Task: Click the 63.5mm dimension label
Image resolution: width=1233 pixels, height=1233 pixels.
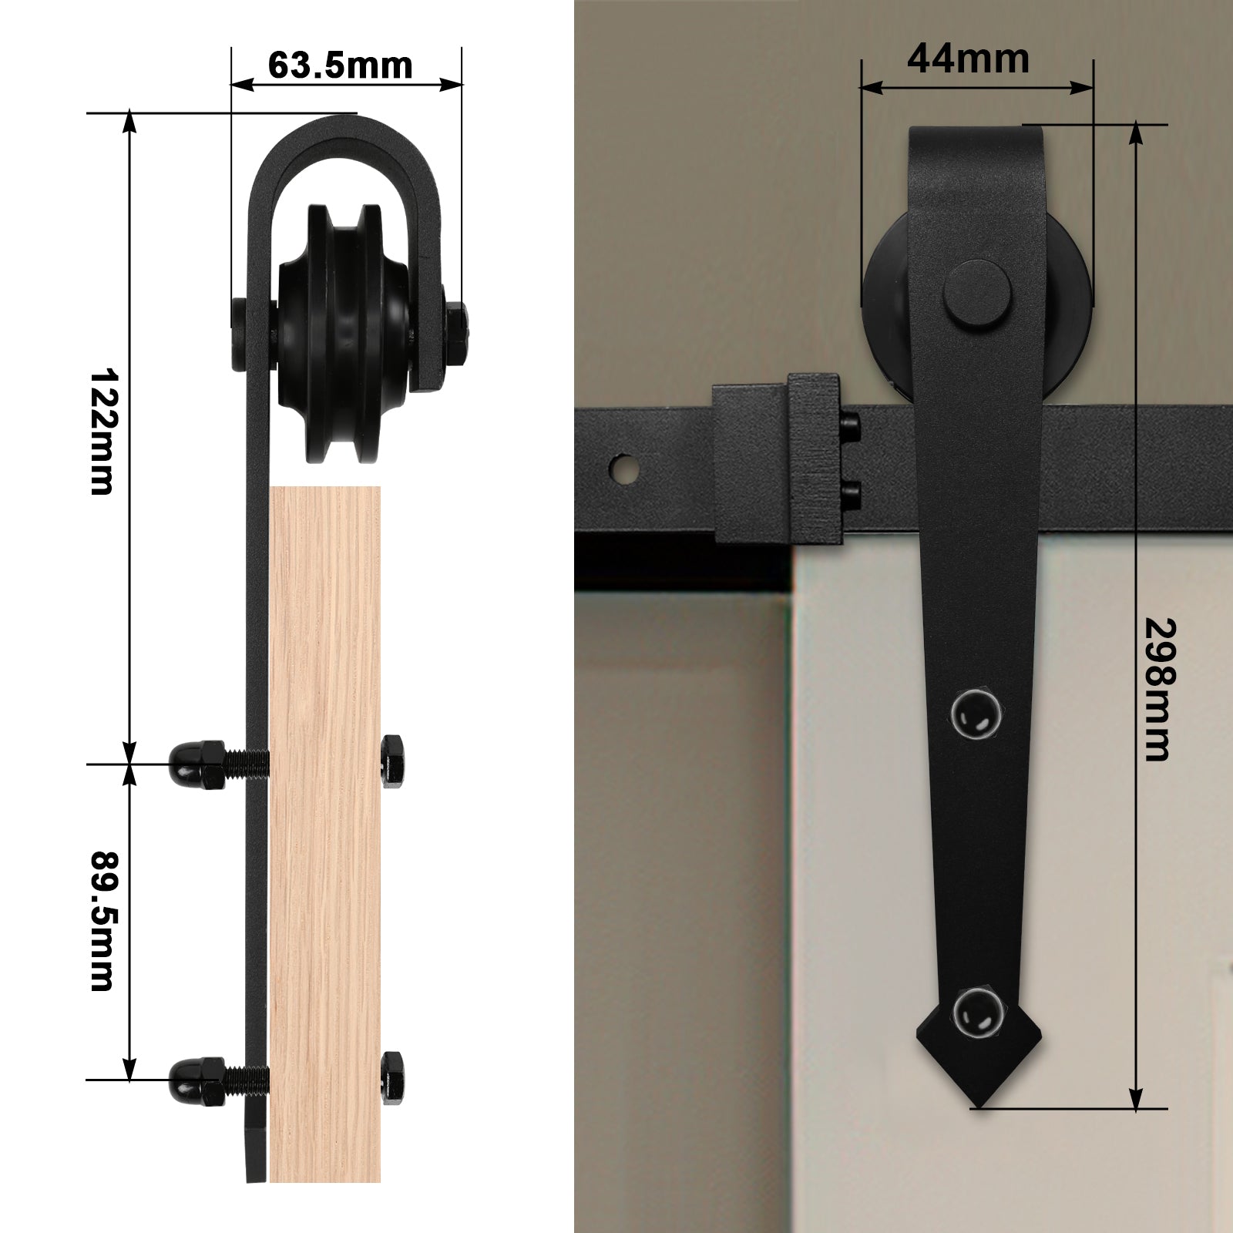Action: [340, 66]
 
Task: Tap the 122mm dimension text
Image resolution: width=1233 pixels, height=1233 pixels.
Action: [102, 431]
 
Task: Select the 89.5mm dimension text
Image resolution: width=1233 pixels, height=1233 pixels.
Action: [102, 922]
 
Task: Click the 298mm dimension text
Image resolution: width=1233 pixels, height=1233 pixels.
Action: [1156, 690]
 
